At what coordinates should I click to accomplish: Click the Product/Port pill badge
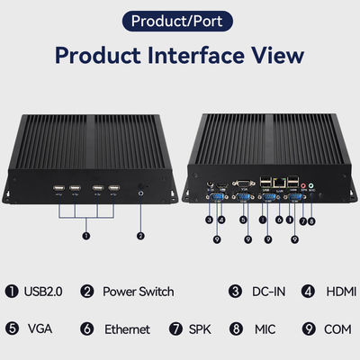point(177,21)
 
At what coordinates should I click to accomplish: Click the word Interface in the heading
point(196,56)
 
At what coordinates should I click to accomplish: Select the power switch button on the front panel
point(140,193)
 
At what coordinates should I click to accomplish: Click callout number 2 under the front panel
point(140,236)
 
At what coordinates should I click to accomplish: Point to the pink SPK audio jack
point(303,186)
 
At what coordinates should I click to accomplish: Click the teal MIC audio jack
point(311,186)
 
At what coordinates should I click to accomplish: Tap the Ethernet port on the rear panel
point(280,182)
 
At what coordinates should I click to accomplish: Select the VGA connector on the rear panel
point(243,184)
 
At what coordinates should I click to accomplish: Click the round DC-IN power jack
point(211,184)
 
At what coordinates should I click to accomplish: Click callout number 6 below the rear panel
point(279,220)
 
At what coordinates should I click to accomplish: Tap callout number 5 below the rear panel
point(243,220)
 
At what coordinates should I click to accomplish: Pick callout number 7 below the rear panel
point(303,221)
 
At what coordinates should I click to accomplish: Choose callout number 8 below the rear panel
point(311,221)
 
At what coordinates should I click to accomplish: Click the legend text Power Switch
point(139,292)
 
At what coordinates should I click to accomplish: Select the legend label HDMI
point(341,292)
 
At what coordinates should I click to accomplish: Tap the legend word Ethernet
point(127,329)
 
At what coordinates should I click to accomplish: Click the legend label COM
point(337,329)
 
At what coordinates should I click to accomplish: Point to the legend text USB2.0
point(43,292)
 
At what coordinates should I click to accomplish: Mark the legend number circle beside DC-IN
point(235,292)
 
